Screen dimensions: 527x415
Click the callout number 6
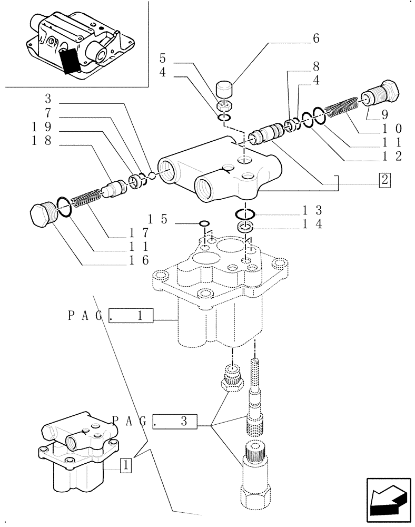click(x=316, y=38)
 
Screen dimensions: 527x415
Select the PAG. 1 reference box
click(x=131, y=316)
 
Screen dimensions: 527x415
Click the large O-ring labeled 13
click(x=246, y=214)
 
